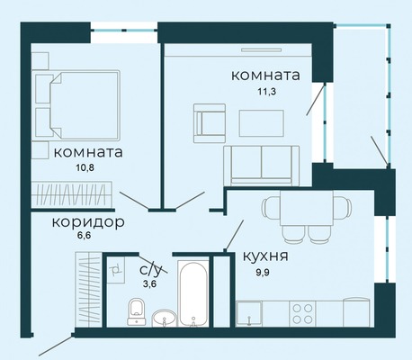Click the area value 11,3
[x=266, y=91]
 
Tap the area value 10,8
[x=85, y=167]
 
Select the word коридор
[x=88, y=222]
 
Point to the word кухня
[x=265, y=256]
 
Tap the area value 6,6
[x=84, y=235]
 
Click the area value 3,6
[x=149, y=283]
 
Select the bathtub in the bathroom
[x=193, y=294]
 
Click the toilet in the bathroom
[x=137, y=311]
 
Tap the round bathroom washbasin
[x=164, y=319]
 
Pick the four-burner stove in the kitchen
[x=302, y=314]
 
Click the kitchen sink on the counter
[x=249, y=313]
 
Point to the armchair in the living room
[x=210, y=123]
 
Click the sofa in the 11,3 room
[x=262, y=166]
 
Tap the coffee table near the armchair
[x=262, y=123]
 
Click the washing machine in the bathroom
[x=116, y=270]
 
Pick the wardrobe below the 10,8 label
[x=72, y=193]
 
